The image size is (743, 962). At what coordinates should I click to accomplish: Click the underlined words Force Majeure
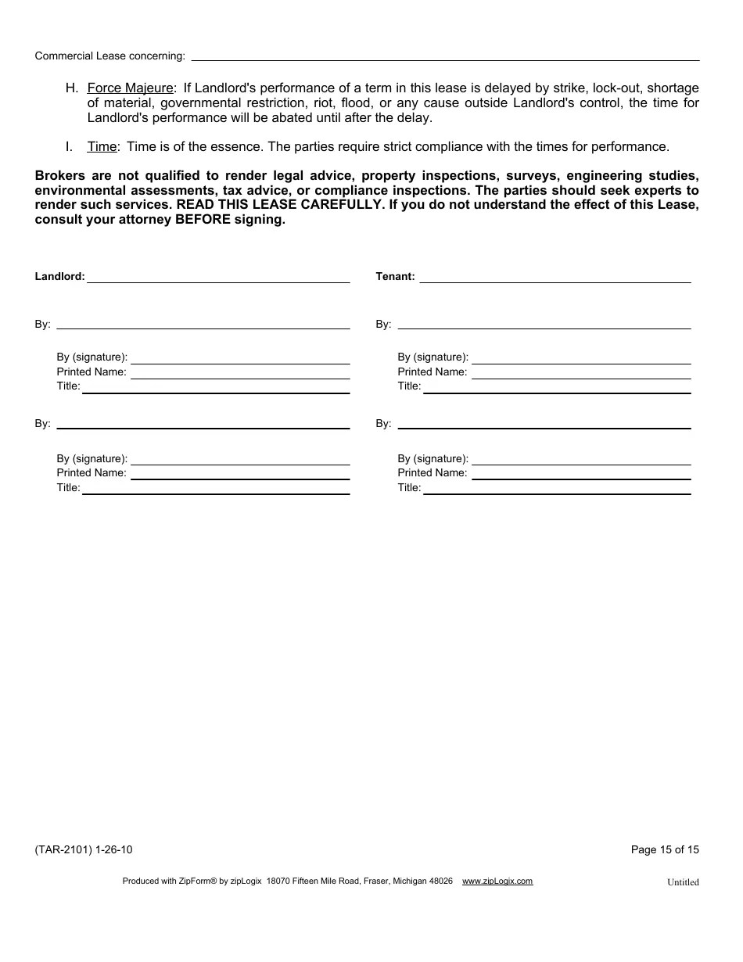130,88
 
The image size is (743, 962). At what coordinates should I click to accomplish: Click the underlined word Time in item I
102,147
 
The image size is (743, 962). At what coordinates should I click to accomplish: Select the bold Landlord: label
60,277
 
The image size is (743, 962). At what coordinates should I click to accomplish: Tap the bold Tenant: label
395,277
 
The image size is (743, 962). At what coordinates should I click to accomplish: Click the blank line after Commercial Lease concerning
445,56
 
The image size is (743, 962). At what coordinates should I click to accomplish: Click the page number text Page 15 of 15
665,850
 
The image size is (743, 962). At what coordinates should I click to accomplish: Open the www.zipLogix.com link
497,881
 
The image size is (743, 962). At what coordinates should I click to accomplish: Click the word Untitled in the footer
683,882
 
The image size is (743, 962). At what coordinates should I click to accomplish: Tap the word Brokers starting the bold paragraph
60,175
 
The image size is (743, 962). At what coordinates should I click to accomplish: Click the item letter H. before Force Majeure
72,88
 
